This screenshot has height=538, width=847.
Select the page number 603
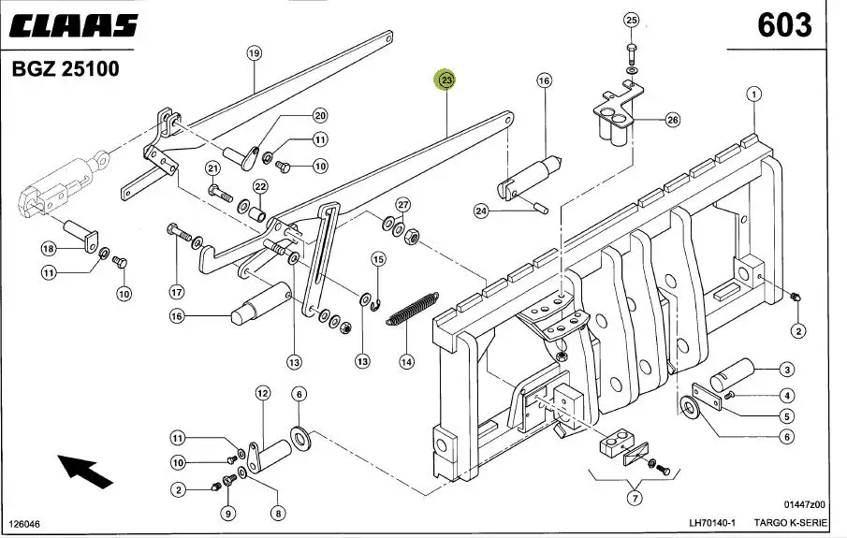pyautogui.click(x=783, y=25)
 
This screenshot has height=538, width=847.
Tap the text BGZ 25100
pyautogui.click(x=66, y=69)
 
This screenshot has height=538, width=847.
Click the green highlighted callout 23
pyautogui.click(x=446, y=81)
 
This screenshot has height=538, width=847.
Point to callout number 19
pyautogui.click(x=254, y=53)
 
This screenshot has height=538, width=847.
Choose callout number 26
pyautogui.click(x=673, y=120)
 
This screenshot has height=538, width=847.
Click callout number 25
pyautogui.click(x=631, y=20)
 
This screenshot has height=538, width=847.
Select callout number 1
pyautogui.click(x=754, y=94)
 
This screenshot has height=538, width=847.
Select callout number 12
pyautogui.click(x=262, y=393)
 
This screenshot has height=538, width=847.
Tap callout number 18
pyautogui.click(x=49, y=249)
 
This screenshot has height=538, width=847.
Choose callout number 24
pyautogui.click(x=481, y=211)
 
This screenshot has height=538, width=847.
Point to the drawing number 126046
pyautogui.click(x=25, y=523)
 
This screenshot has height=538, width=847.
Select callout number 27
pyautogui.click(x=403, y=205)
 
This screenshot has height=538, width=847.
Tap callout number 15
pyautogui.click(x=378, y=259)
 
